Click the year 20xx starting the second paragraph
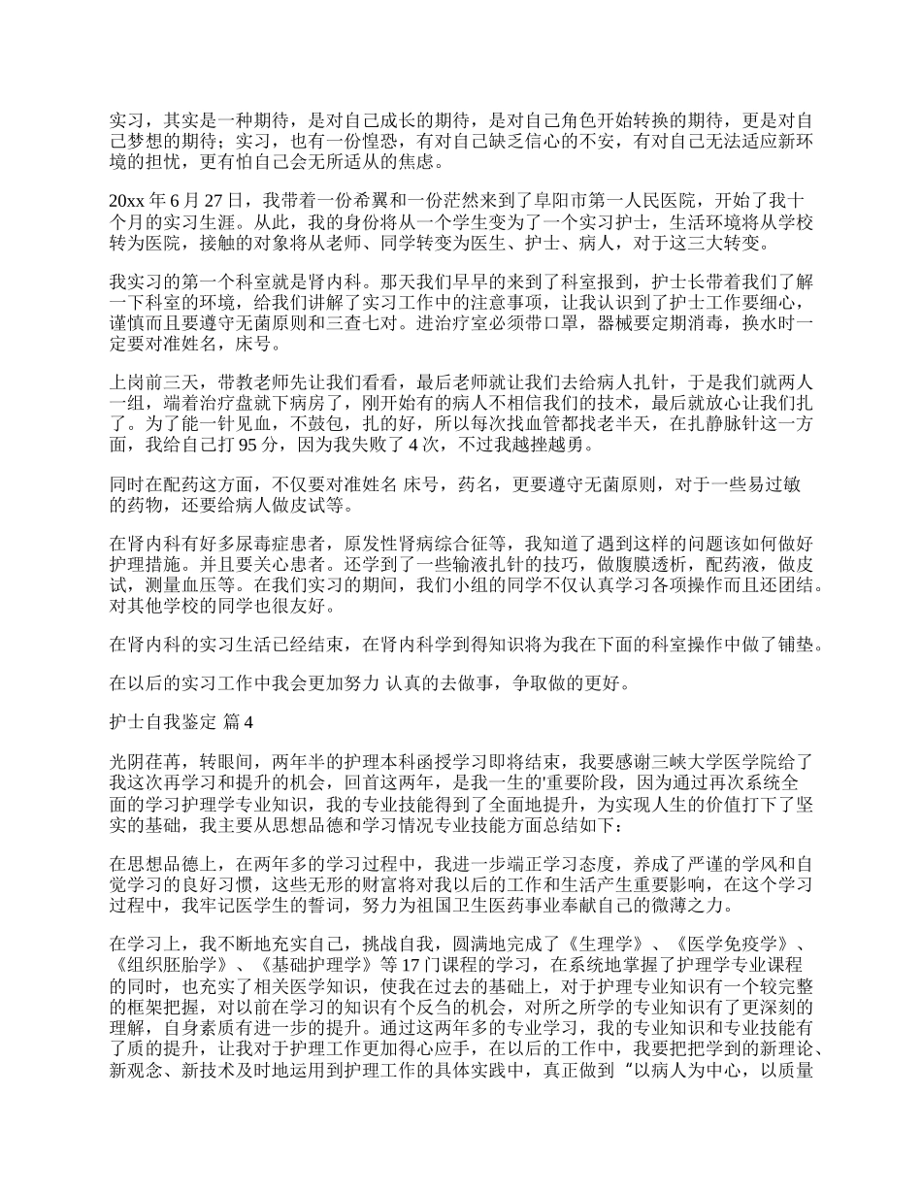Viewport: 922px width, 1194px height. tap(129, 202)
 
